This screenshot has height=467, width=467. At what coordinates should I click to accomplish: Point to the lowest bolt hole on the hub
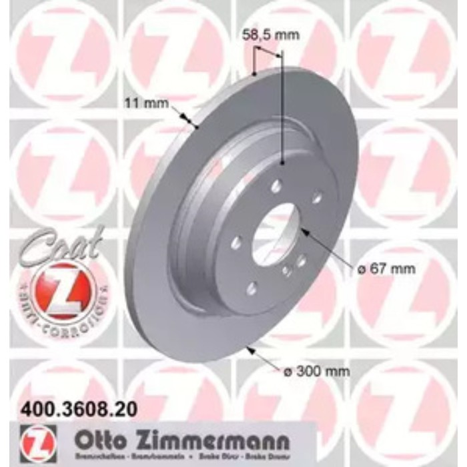[252, 288]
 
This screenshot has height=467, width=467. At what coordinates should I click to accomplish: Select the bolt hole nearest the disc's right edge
[317, 197]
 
